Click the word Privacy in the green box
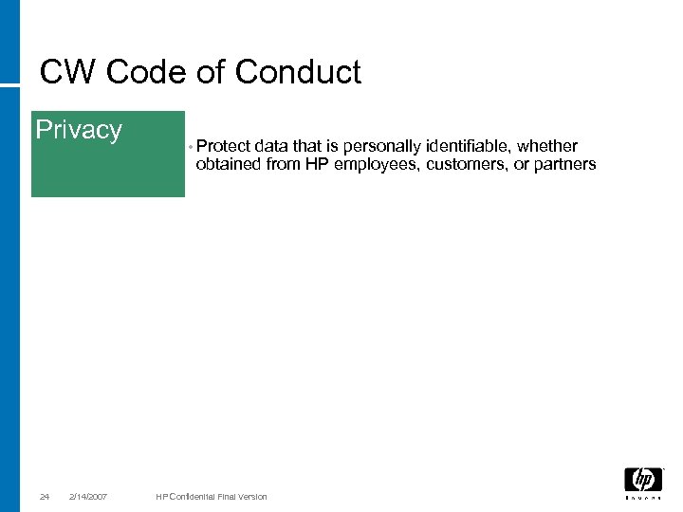pyautogui.click(x=79, y=130)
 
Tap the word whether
pyautogui.click(x=547, y=146)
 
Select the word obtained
pyautogui.click(x=227, y=164)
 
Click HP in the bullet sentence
pyautogui.click(x=317, y=164)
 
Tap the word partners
pyautogui.click(x=565, y=164)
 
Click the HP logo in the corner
pyautogui.click(x=643, y=481)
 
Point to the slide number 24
pyautogui.click(x=45, y=497)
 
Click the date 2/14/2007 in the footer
pyautogui.click(x=88, y=497)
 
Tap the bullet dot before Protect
pyautogui.click(x=191, y=148)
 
